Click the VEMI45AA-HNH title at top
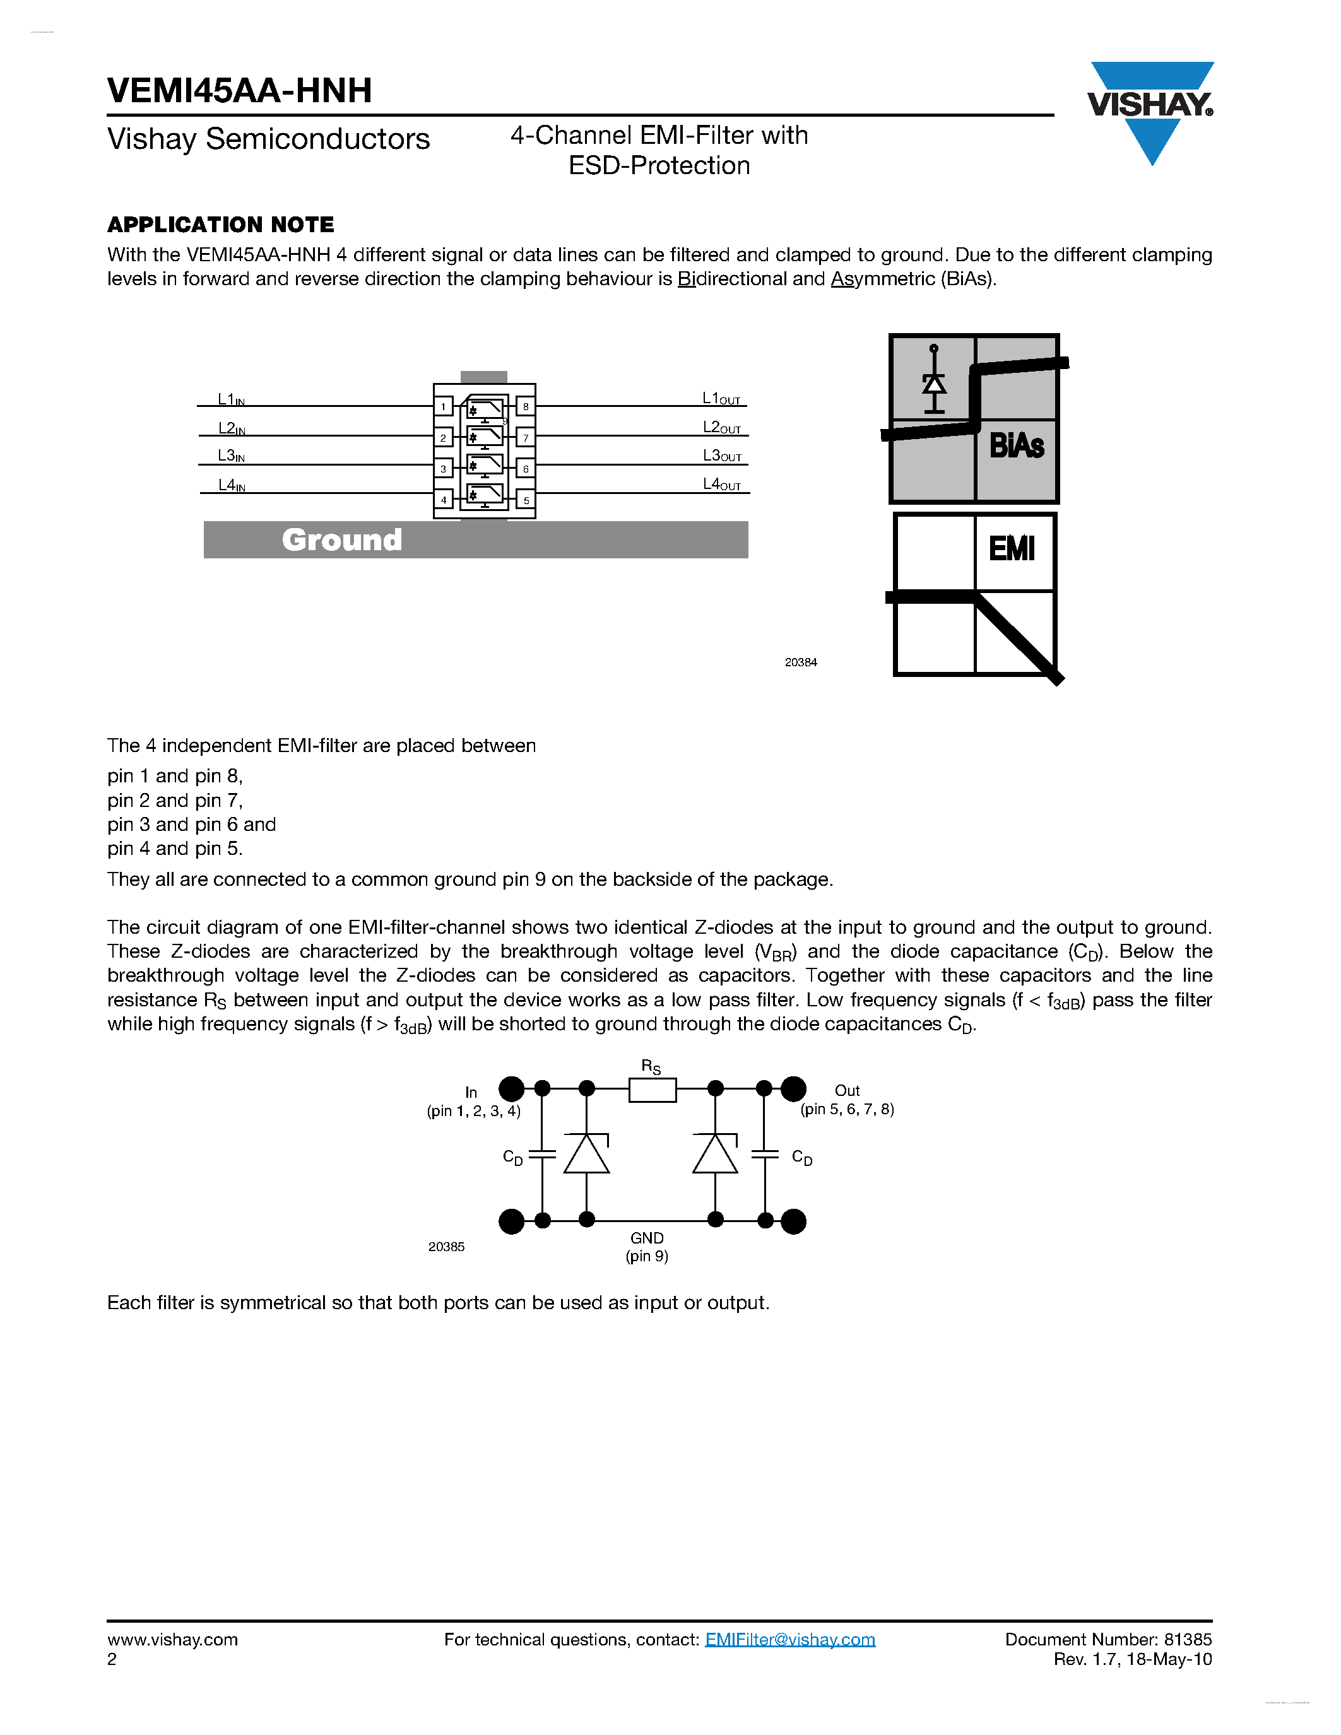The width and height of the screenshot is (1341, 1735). (239, 91)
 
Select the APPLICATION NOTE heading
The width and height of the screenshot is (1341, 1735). (221, 225)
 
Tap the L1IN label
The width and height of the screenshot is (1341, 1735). (230, 399)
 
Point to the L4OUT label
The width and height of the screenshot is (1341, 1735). (721, 485)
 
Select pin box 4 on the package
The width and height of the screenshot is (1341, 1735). (443, 500)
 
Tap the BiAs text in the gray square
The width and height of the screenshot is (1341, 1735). (1016, 445)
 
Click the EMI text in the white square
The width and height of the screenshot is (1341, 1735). (1012, 548)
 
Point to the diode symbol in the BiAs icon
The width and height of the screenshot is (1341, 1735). (934, 384)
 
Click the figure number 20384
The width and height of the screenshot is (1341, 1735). (801, 662)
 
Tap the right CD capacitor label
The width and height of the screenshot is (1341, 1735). (802, 1158)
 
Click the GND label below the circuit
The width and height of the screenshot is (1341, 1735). (647, 1238)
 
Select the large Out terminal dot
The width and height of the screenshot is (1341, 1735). (793, 1088)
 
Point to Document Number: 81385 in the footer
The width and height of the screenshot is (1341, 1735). (1108, 1640)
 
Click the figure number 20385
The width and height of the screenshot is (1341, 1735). (446, 1247)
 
